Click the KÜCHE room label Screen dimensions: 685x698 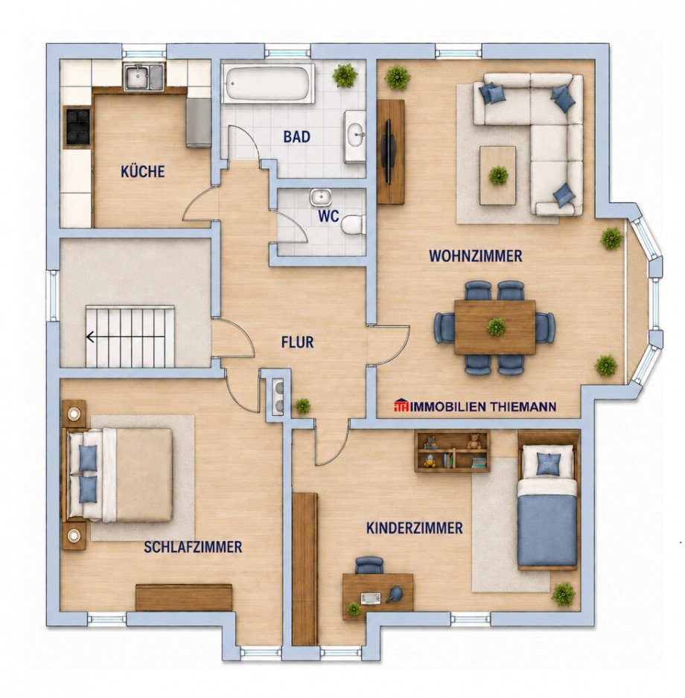142,171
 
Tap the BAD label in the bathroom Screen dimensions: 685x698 296,137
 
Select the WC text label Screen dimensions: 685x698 328,217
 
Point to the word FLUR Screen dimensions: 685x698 298,342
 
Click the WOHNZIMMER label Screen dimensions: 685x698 476,256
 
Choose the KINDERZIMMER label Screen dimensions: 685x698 414,528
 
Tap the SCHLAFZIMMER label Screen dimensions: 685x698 193,547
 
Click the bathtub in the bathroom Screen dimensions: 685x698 269,83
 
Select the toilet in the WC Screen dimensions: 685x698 354,225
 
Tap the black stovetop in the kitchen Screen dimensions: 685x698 78,126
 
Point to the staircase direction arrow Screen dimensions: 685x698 91,337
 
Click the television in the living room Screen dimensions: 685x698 388,152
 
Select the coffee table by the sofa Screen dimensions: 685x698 498,176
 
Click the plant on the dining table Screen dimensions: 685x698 496,327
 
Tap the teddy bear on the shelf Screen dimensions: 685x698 474,441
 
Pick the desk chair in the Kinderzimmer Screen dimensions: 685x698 369,565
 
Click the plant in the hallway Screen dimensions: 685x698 303,406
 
